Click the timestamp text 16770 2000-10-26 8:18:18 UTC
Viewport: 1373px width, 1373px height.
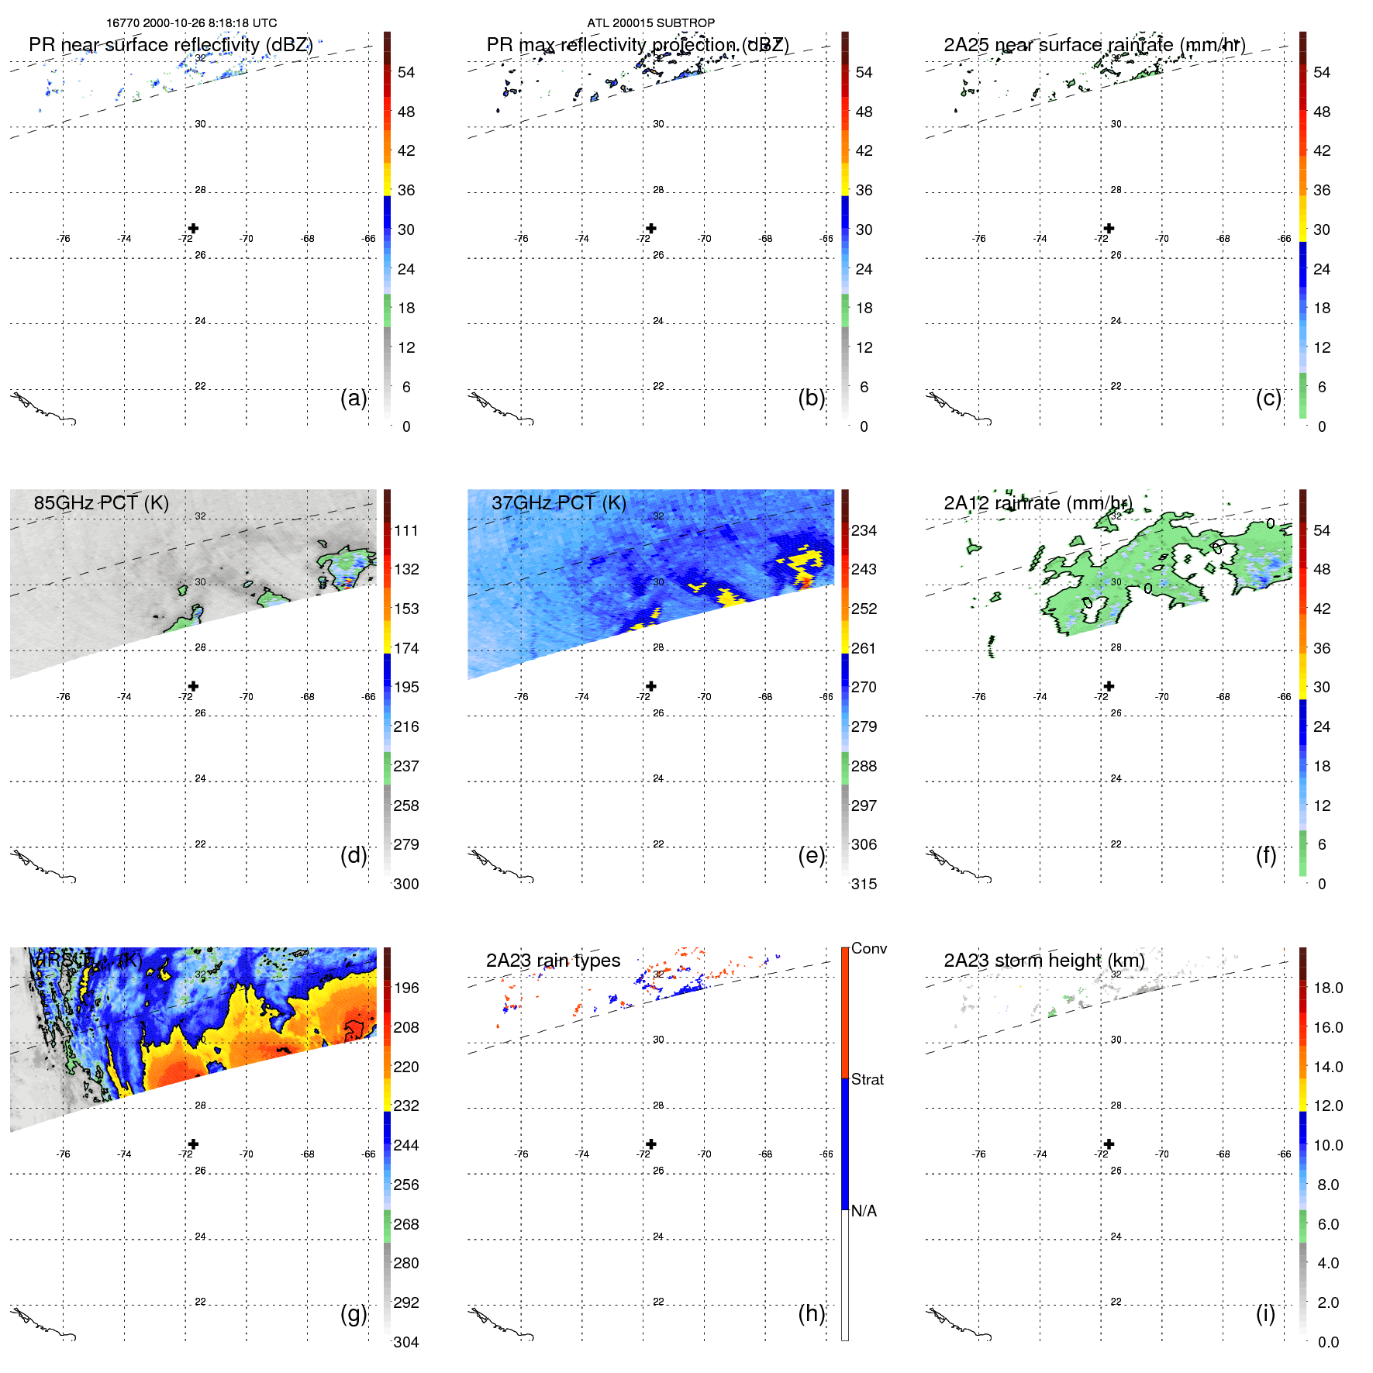pos(191,23)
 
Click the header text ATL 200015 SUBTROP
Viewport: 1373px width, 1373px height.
pos(650,23)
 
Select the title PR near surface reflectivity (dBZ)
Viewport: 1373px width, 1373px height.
pos(171,45)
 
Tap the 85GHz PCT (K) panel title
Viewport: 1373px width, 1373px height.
pos(101,503)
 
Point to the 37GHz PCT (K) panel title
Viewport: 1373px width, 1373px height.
pos(558,503)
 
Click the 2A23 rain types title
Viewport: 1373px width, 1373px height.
pos(553,961)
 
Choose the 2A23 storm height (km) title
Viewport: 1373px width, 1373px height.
pos(1044,961)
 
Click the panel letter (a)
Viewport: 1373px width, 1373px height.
pos(354,398)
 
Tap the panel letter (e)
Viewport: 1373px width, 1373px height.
pos(811,855)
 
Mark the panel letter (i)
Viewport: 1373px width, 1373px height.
pos(1265,1313)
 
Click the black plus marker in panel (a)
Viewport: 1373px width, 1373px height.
pos(193,228)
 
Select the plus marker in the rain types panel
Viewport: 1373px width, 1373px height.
pos(651,1144)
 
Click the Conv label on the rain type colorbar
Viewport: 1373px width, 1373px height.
pos(868,948)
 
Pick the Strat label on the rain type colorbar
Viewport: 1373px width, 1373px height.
pos(868,1079)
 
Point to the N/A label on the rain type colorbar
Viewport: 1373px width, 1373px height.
pos(864,1211)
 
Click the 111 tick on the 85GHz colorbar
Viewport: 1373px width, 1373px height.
pos(405,530)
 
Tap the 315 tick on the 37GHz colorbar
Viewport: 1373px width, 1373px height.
pos(864,884)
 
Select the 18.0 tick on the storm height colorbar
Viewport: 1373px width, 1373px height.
pos(1328,988)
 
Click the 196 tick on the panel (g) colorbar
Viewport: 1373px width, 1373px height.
pos(405,988)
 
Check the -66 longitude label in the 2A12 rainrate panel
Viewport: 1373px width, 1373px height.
pos(1284,696)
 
